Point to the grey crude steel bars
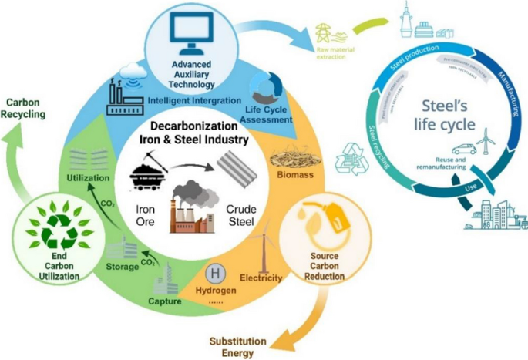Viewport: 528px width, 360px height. (237, 167)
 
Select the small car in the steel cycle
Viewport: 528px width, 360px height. (461, 150)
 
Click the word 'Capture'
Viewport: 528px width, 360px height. (164, 301)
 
